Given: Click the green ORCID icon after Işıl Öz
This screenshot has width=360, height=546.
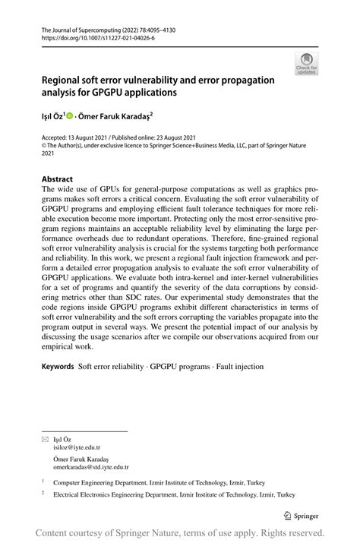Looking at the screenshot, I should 70,116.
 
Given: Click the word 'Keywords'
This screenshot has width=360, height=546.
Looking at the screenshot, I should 58,367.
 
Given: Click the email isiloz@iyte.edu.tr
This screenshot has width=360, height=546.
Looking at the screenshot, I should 75,448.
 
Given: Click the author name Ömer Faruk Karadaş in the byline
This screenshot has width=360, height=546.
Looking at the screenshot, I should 117,116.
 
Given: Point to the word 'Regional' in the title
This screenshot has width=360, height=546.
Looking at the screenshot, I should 65,79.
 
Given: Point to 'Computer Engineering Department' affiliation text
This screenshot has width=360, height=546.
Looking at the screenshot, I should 101,482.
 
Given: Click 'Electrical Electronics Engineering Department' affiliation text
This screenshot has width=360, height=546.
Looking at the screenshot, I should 114,497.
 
